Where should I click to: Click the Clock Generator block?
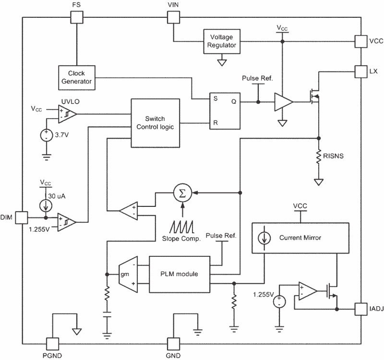pyautogui.click(x=77, y=77)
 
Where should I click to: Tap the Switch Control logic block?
pyautogui.click(x=156, y=123)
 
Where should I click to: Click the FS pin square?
pyautogui.click(x=77, y=17)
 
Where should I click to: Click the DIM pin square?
pyautogui.click(x=22, y=217)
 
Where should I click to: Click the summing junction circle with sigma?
pyautogui.click(x=181, y=192)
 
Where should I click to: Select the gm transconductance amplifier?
pyautogui.click(x=127, y=274)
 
